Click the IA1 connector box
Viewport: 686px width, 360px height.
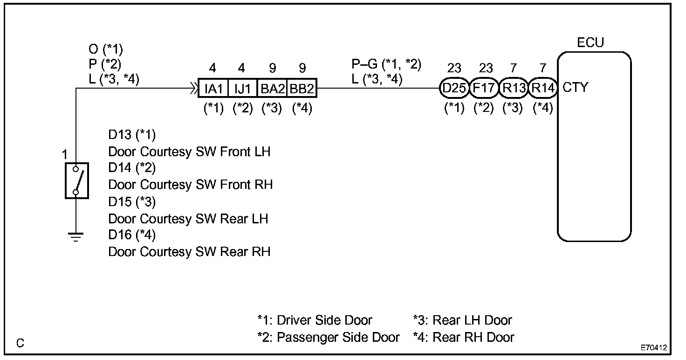coord(213,88)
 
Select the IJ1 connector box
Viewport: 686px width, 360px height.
coord(242,88)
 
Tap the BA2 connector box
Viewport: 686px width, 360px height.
coord(272,88)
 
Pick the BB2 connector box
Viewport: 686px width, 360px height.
coord(302,88)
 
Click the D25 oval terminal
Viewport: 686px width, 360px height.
coord(453,88)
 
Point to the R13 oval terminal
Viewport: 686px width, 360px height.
coord(514,88)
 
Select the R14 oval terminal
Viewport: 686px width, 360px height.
coord(543,88)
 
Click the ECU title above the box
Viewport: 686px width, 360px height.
coord(590,43)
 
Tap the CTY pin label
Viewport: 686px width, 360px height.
coord(576,87)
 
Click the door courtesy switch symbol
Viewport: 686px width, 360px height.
coord(76,181)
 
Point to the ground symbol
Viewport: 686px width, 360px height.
coord(76,237)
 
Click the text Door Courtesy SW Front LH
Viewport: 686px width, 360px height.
coord(189,152)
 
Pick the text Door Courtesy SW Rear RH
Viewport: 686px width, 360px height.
coord(189,252)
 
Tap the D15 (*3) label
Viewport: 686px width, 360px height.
coord(132,202)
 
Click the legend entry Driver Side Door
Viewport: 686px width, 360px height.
coord(315,320)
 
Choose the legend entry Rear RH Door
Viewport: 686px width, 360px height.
coord(464,337)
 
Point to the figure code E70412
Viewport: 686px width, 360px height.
coord(653,348)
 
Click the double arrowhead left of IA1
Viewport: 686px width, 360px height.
coord(192,88)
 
